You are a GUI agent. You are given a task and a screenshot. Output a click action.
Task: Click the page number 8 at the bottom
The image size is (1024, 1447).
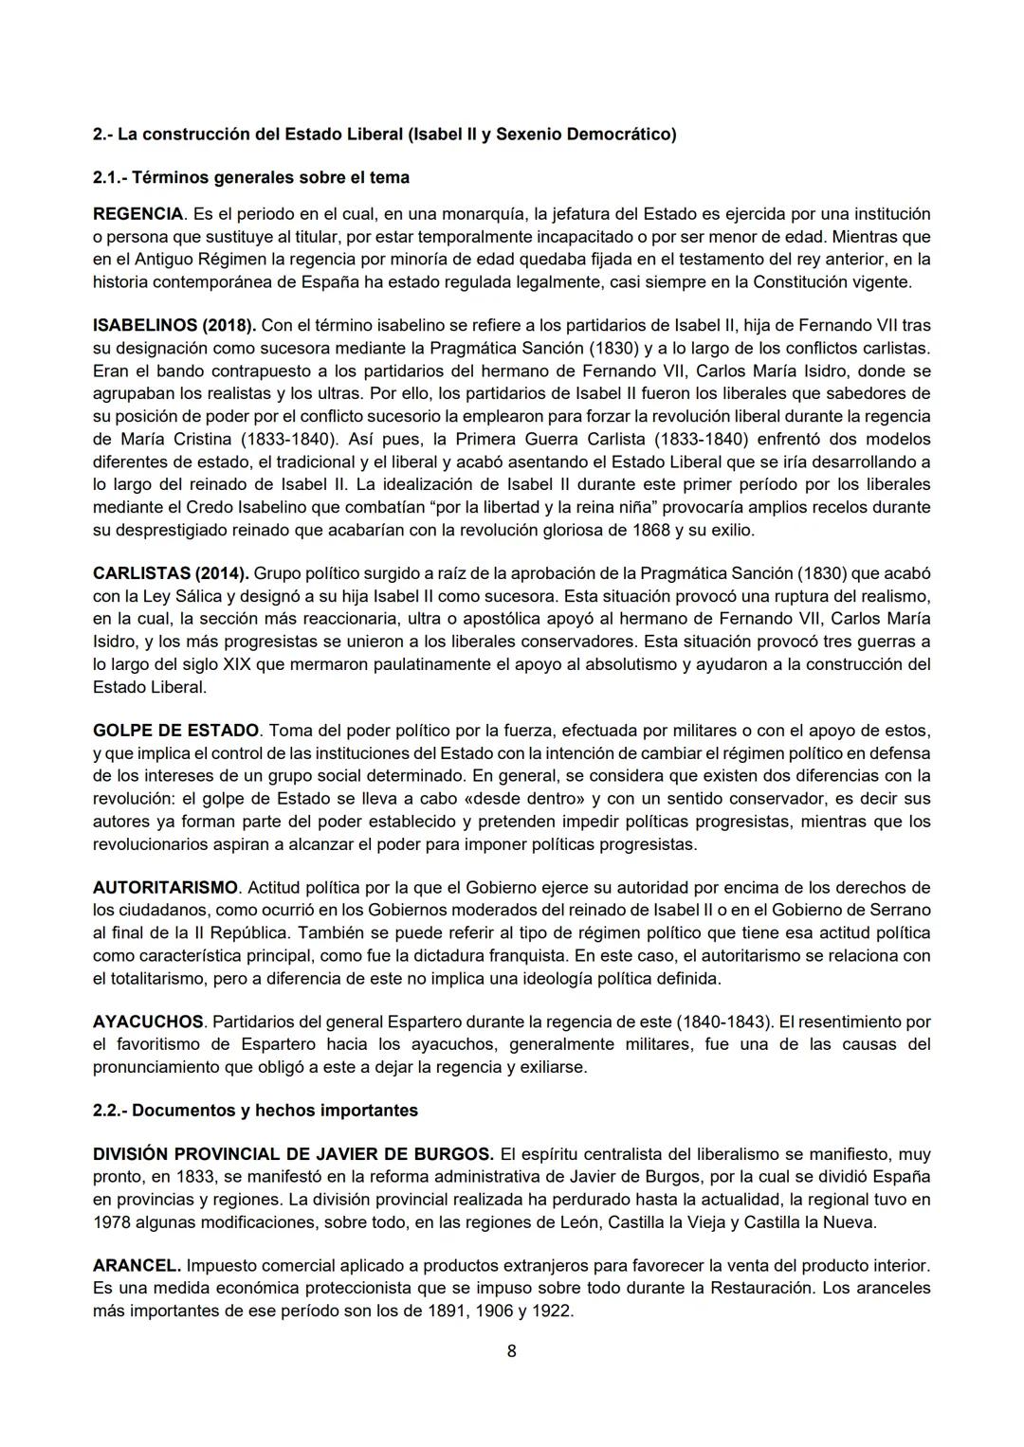(x=511, y=1351)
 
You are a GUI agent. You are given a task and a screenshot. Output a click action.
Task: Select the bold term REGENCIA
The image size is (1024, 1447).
(x=137, y=214)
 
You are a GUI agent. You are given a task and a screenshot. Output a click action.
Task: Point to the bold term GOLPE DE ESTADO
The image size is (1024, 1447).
(x=175, y=732)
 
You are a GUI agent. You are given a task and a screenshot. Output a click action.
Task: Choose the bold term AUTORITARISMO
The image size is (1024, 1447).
(x=165, y=888)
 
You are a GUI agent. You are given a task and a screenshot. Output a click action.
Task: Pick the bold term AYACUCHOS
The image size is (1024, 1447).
(x=148, y=1022)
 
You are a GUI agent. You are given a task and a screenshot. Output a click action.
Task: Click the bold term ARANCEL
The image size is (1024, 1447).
(x=137, y=1266)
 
